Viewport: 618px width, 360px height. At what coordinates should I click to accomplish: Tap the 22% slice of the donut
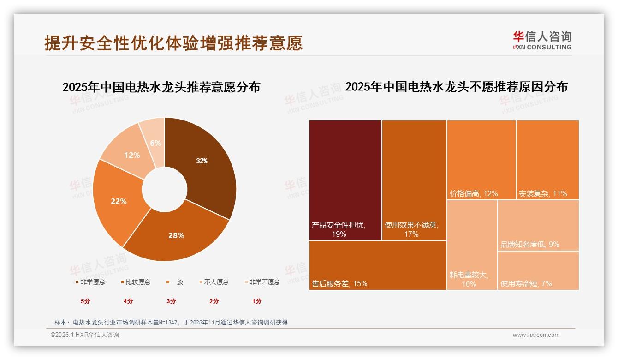pyautogui.click(x=119, y=201)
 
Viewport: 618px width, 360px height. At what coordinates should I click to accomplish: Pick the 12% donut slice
pyautogui.click(x=131, y=155)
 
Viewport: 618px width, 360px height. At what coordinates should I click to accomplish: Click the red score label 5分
pyautogui.click(x=85, y=301)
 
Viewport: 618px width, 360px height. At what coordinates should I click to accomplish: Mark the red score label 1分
pyautogui.click(x=257, y=301)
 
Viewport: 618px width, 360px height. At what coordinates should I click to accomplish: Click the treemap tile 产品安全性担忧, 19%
pyautogui.click(x=345, y=180)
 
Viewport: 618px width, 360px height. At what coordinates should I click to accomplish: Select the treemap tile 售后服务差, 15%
pyautogui.click(x=377, y=265)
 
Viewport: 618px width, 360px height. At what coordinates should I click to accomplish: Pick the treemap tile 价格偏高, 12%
pyautogui.click(x=481, y=160)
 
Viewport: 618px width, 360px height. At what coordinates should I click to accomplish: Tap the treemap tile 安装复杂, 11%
pyautogui.click(x=547, y=160)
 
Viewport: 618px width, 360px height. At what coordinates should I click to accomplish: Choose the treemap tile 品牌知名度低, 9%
pyautogui.click(x=538, y=225)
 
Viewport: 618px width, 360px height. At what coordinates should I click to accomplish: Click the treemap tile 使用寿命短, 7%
pyautogui.click(x=538, y=270)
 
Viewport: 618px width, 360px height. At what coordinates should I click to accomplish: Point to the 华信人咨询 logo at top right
pyautogui.click(x=542, y=40)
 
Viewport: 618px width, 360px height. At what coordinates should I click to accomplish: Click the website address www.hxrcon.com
pyautogui.click(x=536, y=335)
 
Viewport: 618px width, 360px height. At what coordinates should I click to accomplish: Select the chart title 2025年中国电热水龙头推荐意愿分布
pyautogui.click(x=161, y=87)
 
